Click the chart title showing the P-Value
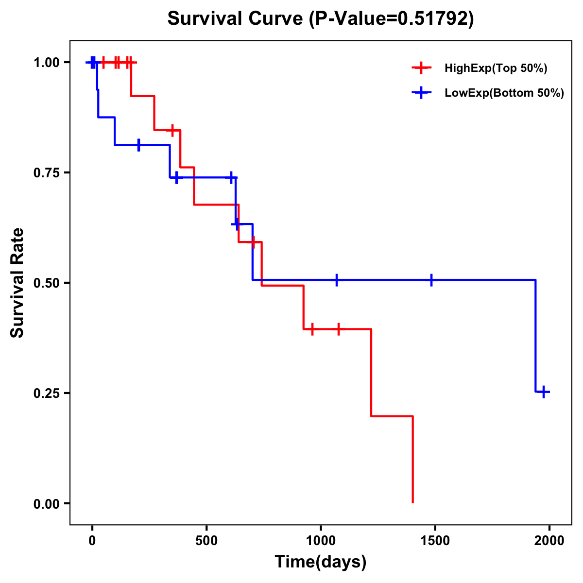pos(320,19)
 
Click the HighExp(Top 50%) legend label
pos(496,69)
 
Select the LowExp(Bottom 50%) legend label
pos(504,93)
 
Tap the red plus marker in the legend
pos(421,68)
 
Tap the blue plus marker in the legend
pos(421,93)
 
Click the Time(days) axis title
pos(321,562)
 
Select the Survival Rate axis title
pos(18,283)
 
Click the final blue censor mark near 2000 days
pos(544,392)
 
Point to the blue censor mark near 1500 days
pos(431,280)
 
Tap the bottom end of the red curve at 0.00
pos(412,502)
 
